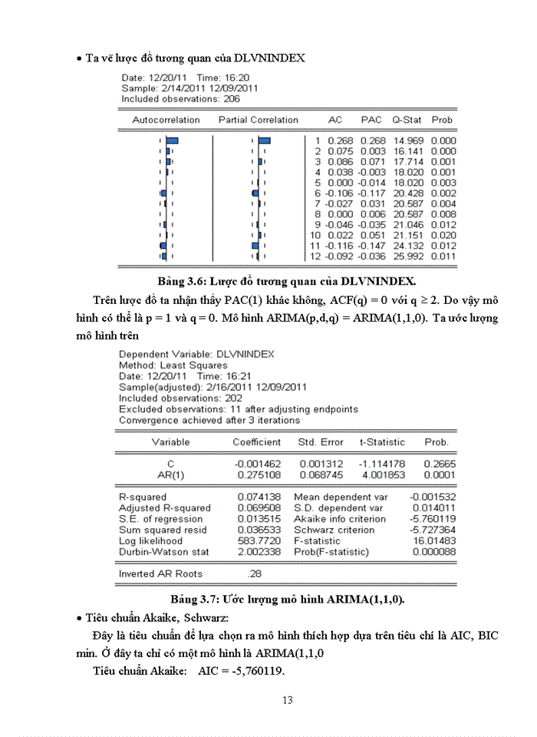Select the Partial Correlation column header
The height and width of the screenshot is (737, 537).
(259, 120)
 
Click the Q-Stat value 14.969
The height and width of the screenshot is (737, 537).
(408, 141)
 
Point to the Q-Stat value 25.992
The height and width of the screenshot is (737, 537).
(408, 256)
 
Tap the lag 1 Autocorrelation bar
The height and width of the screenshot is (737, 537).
(172, 141)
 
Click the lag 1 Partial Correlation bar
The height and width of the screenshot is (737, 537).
(264, 141)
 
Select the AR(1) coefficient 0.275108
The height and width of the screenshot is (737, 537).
(257, 475)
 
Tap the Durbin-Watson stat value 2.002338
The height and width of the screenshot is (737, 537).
(257, 551)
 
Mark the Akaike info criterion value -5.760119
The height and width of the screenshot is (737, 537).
(434, 519)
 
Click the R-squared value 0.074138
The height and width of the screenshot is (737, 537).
(257, 497)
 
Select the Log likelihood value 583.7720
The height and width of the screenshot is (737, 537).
(257, 540)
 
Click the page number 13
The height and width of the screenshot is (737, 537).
(288, 699)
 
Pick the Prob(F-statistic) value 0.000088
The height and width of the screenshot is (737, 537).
(435, 551)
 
